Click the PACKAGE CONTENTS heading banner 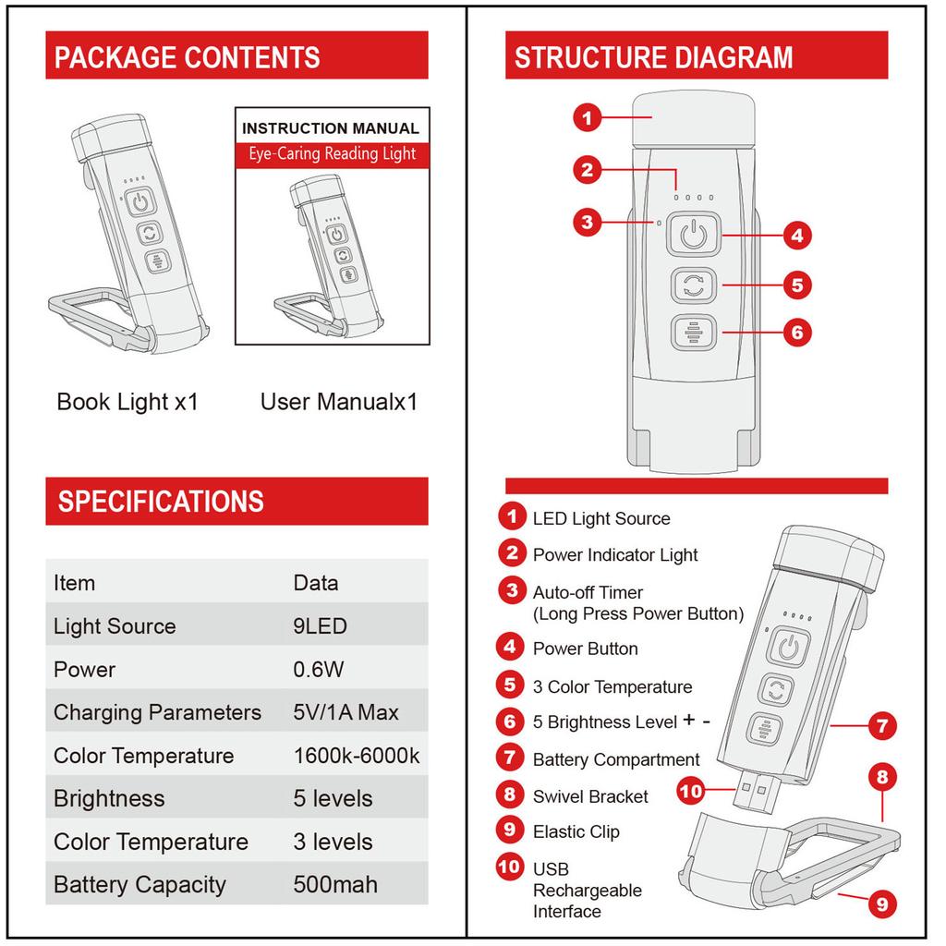(236, 56)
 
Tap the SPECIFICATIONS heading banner (236, 501)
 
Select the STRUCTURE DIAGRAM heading (696, 56)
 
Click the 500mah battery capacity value (335, 884)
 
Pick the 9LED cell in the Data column (320, 625)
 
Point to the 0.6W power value (320, 669)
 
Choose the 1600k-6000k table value (357, 756)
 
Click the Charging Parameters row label (157, 712)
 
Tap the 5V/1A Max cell (346, 712)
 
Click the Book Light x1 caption (127, 402)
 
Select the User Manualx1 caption (339, 402)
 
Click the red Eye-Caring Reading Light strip (332, 154)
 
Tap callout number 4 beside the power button (796, 236)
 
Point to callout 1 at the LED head (588, 117)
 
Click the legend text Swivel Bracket (590, 796)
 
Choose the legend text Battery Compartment (616, 759)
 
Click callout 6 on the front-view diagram (796, 332)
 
